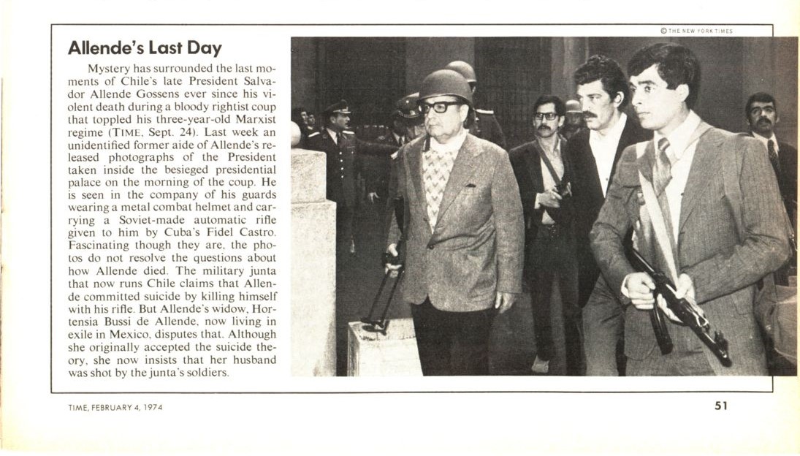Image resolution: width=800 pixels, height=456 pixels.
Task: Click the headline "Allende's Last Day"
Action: click(x=144, y=49)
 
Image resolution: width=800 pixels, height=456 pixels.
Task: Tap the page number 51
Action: click(x=721, y=406)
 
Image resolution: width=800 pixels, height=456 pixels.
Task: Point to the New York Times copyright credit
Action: click(x=696, y=31)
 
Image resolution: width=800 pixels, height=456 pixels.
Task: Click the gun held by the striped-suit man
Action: click(x=679, y=307)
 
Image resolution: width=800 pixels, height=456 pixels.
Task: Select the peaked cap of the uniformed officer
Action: click(x=338, y=107)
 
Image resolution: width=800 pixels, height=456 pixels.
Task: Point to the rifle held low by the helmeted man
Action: click(x=384, y=292)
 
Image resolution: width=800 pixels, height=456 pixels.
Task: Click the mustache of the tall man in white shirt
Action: click(x=589, y=115)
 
